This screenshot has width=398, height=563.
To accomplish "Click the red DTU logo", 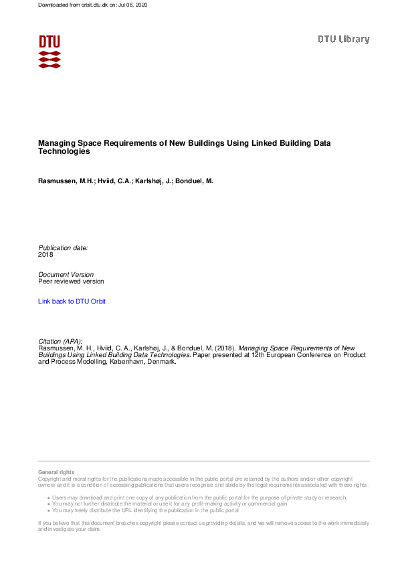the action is (49, 51).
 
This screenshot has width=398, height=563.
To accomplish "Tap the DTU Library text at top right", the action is (343, 39).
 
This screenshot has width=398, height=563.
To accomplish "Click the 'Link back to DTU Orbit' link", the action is (72, 302).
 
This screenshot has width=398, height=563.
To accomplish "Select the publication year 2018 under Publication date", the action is (45, 255).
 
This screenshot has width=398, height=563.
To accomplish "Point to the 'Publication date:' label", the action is (63, 247).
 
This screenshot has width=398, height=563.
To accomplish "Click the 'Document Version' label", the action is (66, 275).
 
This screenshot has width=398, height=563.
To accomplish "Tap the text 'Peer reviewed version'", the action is (71, 281).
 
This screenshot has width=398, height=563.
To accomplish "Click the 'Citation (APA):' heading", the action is (60, 341).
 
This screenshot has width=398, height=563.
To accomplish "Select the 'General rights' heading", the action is (56, 472).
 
